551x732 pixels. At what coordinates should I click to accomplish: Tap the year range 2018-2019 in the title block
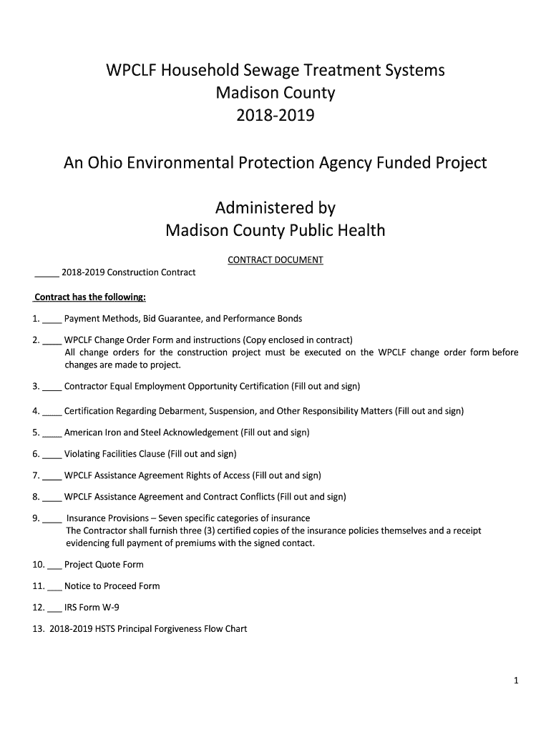(275, 114)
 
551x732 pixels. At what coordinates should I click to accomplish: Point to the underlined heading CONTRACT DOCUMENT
(275, 260)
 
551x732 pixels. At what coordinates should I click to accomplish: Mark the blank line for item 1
(52, 319)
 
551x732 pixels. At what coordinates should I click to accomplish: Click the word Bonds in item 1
(288, 318)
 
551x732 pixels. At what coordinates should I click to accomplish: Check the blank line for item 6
(52, 455)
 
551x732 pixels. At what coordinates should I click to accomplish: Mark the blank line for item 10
(54, 565)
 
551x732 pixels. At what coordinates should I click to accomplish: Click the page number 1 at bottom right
(515, 681)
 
